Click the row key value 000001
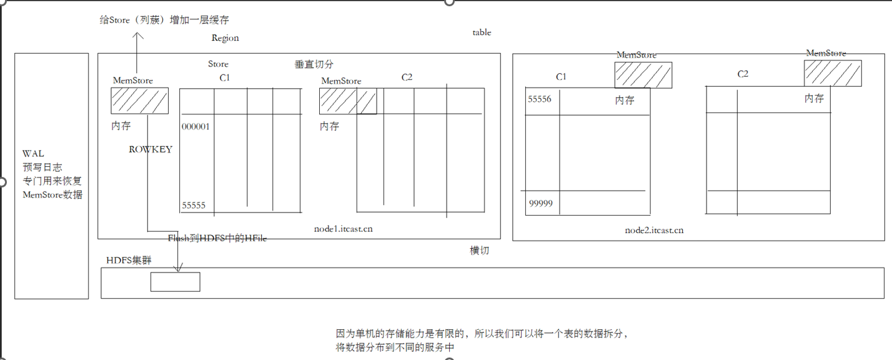tap(196, 126)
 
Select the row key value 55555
tap(194, 205)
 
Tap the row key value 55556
tap(540, 98)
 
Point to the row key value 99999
tap(540, 203)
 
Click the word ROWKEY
tap(151, 149)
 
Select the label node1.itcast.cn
tap(344, 229)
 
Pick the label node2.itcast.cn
tap(654, 230)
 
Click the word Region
tap(225, 38)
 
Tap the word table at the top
tap(482, 32)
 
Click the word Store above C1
tap(218, 64)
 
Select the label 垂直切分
tap(314, 64)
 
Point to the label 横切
tap(479, 251)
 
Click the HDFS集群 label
tap(129, 259)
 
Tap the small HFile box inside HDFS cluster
tap(175, 282)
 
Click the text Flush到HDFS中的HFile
tap(217, 239)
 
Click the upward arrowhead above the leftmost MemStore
tap(137, 35)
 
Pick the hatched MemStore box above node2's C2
tap(833, 73)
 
